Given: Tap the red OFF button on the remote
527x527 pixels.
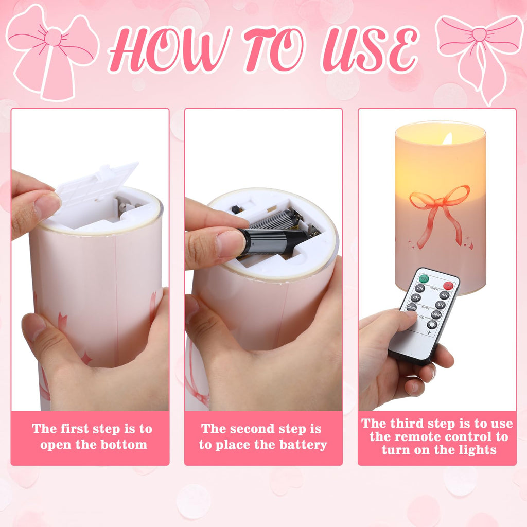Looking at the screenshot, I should coord(448,285).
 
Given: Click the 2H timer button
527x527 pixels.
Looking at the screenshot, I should coord(419,288).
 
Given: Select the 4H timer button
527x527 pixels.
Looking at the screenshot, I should coord(444,295).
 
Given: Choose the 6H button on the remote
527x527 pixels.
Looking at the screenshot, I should coord(416,297).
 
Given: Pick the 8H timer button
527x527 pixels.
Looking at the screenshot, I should coord(441,305).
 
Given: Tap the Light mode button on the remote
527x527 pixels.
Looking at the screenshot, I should coord(436,314).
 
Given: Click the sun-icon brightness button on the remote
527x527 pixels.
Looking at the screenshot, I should coord(432,324).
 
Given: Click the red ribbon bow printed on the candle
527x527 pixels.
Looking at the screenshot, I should coord(440,203).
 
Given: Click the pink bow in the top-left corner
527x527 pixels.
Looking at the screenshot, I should coord(52,51).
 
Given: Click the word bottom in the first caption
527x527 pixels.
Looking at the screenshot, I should coord(122,445).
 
